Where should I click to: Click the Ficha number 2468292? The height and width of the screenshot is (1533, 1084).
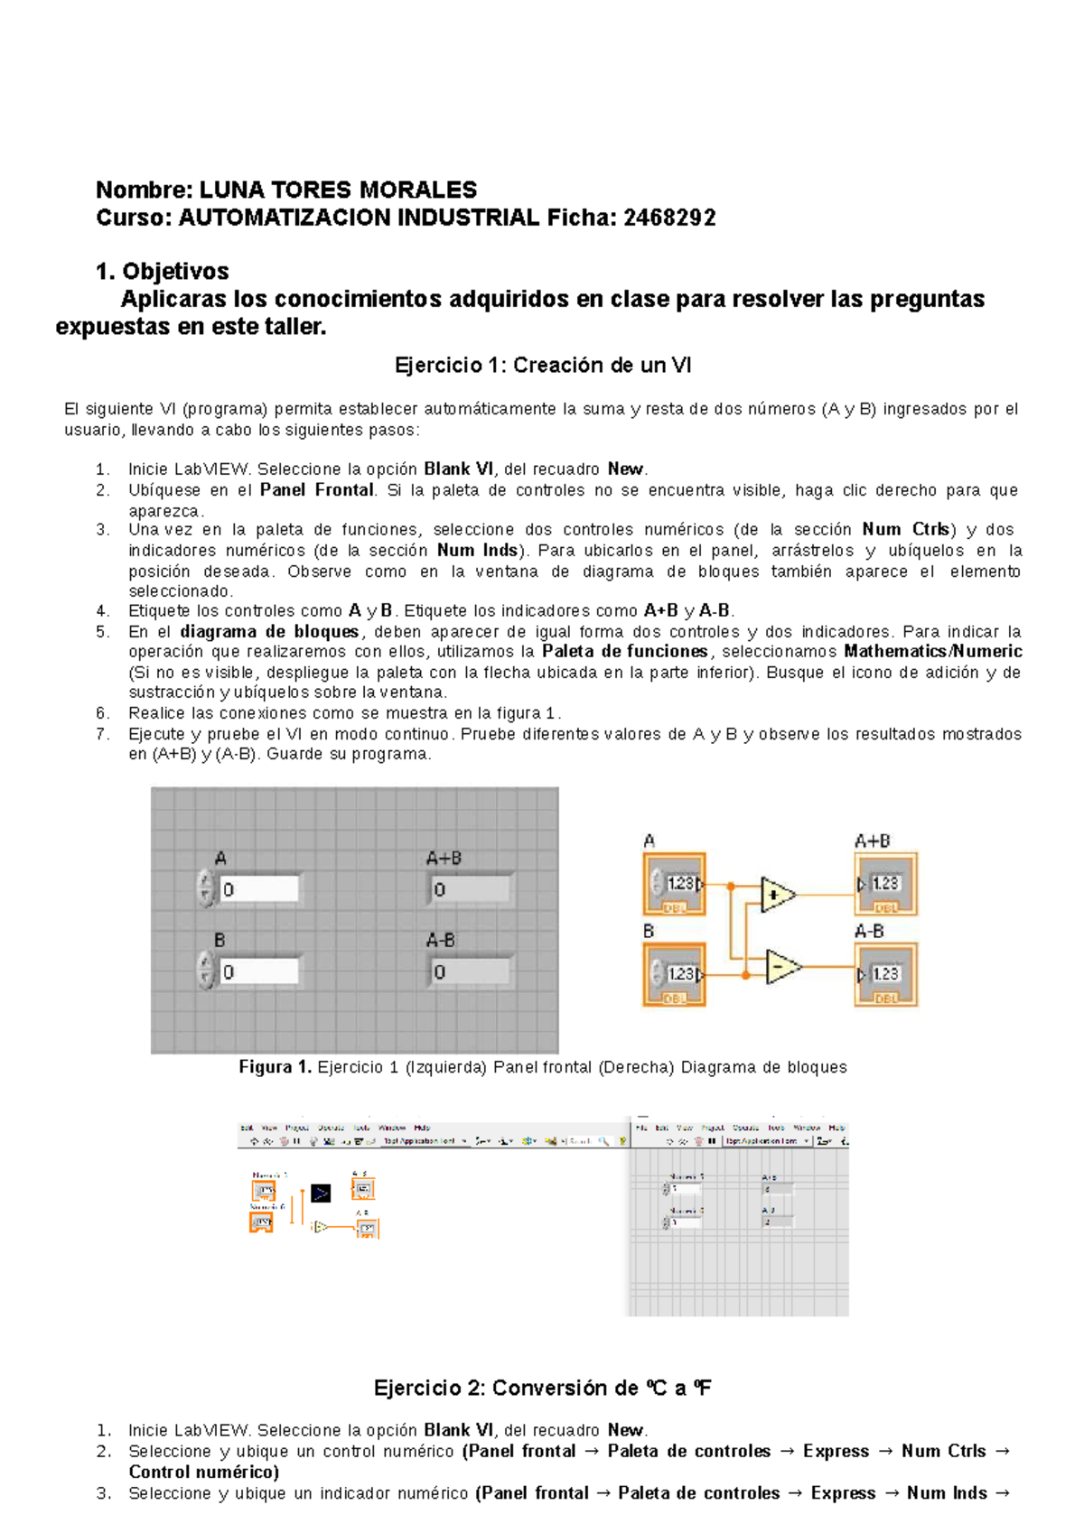pyautogui.click(x=669, y=218)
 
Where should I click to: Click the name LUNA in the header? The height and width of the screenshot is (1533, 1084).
pyautogui.click(x=231, y=190)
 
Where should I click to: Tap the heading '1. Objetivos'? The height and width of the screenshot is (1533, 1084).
pyautogui.click(x=163, y=272)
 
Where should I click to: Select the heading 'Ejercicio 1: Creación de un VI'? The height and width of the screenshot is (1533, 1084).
pyautogui.click(x=542, y=366)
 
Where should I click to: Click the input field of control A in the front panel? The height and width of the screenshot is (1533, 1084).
pyautogui.click(x=259, y=889)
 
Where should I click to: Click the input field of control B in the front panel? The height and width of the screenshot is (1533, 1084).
pyautogui.click(x=259, y=972)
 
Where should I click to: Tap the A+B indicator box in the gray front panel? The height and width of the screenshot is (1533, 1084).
pyautogui.click(x=471, y=889)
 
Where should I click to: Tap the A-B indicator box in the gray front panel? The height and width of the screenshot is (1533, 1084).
pyautogui.click(x=471, y=972)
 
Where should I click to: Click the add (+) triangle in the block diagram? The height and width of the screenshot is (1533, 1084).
pyautogui.click(x=776, y=895)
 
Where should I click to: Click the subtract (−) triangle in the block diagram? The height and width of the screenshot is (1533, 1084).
pyautogui.click(x=780, y=967)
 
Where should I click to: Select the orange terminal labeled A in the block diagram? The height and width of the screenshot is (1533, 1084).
pyautogui.click(x=674, y=884)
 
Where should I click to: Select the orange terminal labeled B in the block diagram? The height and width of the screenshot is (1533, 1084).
pyautogui.click(x=674, y=974)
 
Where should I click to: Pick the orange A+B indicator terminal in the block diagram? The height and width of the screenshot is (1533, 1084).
pyautogui.click(x=886, y=884)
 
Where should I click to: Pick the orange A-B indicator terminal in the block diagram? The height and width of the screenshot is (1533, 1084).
pyautogui.click(x=886, y=974)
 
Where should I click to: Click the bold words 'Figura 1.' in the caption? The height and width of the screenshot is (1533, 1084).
pyautogui.click(x=275, y=1068)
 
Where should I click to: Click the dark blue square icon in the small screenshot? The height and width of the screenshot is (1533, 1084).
pyautogui.click(x=321, y=1194)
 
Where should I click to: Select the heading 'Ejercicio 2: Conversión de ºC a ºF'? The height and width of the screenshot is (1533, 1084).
pyautogui.click(x=542, y=1389)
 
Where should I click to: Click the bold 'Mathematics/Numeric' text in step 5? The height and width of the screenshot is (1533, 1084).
pyautogui.click(x=932, y=652)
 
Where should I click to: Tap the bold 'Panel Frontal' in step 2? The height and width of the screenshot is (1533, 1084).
pyautogui.click(x=316, y=490)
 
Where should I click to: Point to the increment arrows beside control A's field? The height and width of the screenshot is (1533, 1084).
pyautogui.click(x=206, y=888)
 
